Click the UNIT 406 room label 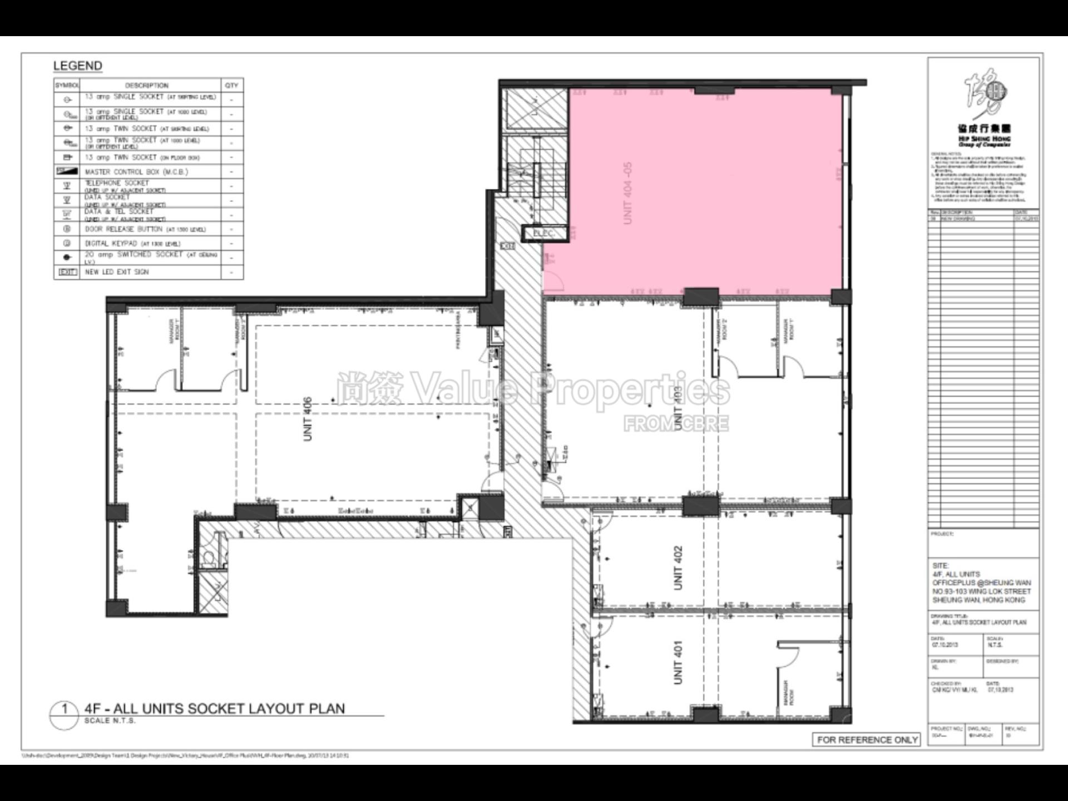(x=308, y=419)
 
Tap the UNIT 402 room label (x=678, y=567)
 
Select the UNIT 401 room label (x=678, y=662)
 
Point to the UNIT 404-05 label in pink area (x=628, y=193)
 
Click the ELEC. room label (x=543, y=234)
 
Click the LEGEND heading (x=78, y=66)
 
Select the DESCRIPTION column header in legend (x=147, y=86)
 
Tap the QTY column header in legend (x=232, y=86)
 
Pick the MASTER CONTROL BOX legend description (x=136, y=172)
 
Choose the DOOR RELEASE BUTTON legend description (x=145, y=229)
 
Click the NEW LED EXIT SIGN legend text (x=117, y=272)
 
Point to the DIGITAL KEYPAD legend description (x=132, y=244)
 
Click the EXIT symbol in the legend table (x=67, y=272)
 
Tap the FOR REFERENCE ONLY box (x=867, y=740)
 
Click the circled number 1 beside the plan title (x=65, y=709)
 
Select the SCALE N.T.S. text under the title (x=110, y=721)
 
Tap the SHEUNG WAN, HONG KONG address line (x=978, y=600)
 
